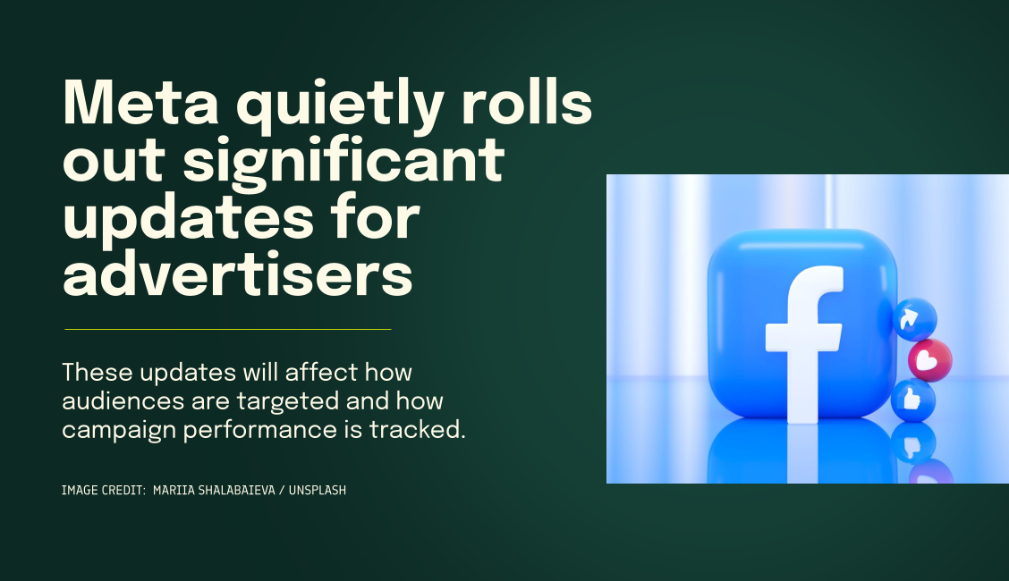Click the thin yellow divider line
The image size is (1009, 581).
point(228,329)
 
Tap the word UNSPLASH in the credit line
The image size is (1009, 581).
point(313,490)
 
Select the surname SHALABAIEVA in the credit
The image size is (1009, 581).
point(236,490)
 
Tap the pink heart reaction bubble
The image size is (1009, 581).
point(929,360)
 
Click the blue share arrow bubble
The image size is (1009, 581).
point(914,319)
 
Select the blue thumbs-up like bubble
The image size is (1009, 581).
point(912,400)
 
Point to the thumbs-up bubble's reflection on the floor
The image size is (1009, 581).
point(912,442)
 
